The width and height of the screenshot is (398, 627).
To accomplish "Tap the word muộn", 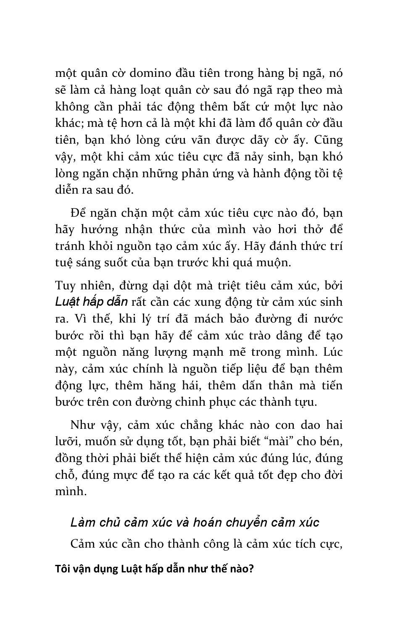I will (276, 262).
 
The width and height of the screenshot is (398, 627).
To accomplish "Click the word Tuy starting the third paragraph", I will (65, 286).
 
